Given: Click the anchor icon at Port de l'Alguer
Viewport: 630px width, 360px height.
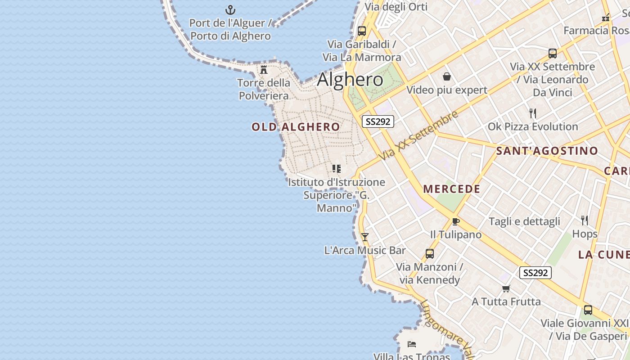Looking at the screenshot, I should pos(230,9).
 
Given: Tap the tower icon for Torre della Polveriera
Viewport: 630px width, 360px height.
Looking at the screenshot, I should pos(264,70).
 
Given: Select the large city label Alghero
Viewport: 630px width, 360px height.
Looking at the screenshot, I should pos(350,80).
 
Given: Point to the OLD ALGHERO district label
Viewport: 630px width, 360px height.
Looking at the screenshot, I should pos(296,127).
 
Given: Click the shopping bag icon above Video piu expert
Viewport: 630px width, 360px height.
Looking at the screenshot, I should pos(447,76).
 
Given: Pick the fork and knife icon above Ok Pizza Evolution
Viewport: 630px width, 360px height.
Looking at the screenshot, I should pos(533,113).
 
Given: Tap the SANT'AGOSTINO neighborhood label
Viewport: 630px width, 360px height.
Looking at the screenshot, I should pos(547,151).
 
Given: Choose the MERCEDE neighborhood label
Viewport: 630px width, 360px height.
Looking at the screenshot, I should pos(452,189).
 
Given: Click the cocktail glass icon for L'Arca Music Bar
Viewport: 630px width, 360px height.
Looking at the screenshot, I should pos(365,237).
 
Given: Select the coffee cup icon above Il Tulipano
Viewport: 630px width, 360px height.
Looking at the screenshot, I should pos(455,221).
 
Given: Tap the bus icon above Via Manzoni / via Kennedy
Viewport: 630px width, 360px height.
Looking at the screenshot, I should pos(430,254).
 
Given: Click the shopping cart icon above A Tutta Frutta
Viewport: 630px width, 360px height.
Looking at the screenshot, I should pos(506,288).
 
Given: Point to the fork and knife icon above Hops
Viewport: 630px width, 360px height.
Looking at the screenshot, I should pos(585,220).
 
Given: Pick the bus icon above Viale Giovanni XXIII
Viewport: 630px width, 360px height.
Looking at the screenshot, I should pos(588,310).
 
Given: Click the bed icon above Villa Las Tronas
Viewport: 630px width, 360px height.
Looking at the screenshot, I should pos(411,345).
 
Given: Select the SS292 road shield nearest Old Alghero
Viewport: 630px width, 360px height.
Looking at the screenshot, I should pos(378,121).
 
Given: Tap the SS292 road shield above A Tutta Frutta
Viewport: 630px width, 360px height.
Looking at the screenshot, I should pos(535,273).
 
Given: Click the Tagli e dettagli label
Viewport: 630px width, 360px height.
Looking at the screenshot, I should pos(524,221).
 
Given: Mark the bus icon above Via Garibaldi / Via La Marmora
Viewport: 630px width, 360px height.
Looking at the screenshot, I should pos(362,31).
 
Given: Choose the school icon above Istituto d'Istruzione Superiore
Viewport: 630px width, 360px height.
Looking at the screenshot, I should pos(337,169).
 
